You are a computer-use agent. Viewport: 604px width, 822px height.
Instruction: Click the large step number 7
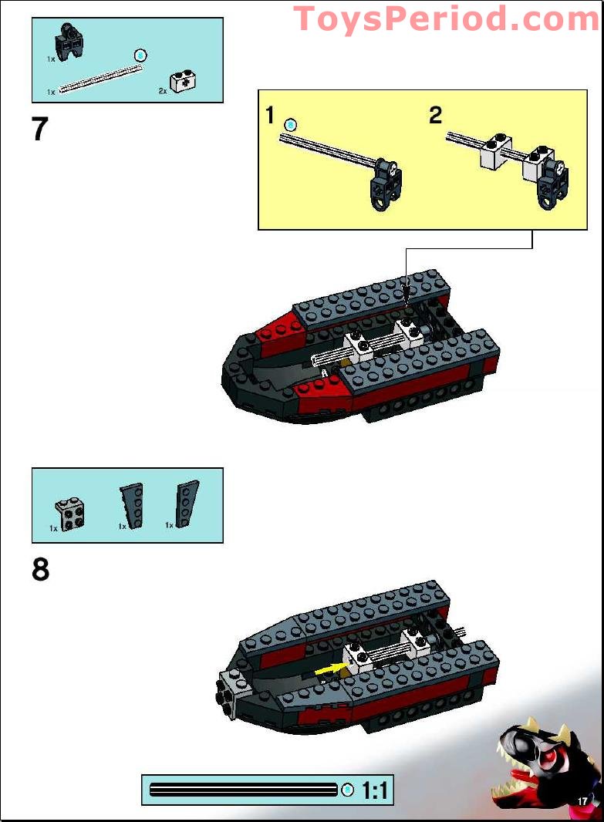click(40, 129)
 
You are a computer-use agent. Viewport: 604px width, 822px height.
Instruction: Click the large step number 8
click(40, 570)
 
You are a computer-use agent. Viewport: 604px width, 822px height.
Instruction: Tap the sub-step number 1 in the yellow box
click(269, 116)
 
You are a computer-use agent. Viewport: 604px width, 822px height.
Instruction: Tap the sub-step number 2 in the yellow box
click(436, 116)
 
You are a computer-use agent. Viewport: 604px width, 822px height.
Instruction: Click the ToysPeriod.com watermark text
click(446, 18)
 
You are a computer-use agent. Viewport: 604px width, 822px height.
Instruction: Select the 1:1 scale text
click(374, 790)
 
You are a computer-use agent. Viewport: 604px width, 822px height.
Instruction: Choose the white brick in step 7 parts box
click(182, 80)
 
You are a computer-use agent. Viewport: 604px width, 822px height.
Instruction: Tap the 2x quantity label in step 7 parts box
click(163, 91)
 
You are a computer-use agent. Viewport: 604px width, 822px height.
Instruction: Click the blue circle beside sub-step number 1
click(290, 124)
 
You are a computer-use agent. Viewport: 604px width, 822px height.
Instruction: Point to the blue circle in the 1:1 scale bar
click(348, 790)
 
